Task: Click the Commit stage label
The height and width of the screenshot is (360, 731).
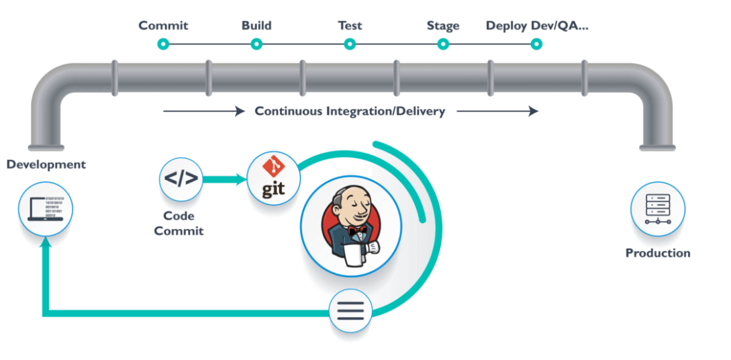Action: (x=163, y=26)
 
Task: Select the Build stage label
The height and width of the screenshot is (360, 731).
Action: (x=256, y=26)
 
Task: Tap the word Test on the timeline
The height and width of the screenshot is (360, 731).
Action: (x=350, y=26)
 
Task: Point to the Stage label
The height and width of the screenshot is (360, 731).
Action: (x=443, y=26)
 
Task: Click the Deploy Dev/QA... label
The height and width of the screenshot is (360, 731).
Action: (x=536, y=26)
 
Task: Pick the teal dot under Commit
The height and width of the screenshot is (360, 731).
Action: (x=163, y=44)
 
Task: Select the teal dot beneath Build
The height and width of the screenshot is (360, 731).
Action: (x=256, y=44)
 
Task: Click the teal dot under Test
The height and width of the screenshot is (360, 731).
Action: (x=349, y=44)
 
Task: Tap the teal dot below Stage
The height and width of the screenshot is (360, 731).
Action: (x=443, y=44)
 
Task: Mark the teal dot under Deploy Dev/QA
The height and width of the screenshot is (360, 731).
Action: (x=536, y=44)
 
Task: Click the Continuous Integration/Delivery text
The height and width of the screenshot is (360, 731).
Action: (x=350, y=111)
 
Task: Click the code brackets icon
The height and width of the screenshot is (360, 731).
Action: (x=181, y=179)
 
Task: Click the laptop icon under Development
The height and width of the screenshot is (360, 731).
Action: (x=46, y=210)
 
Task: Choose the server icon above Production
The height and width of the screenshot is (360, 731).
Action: (x=657, y=209)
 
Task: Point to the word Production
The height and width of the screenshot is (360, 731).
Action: (x=657, y=253)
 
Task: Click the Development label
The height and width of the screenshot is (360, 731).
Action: (x=46, y=164)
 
